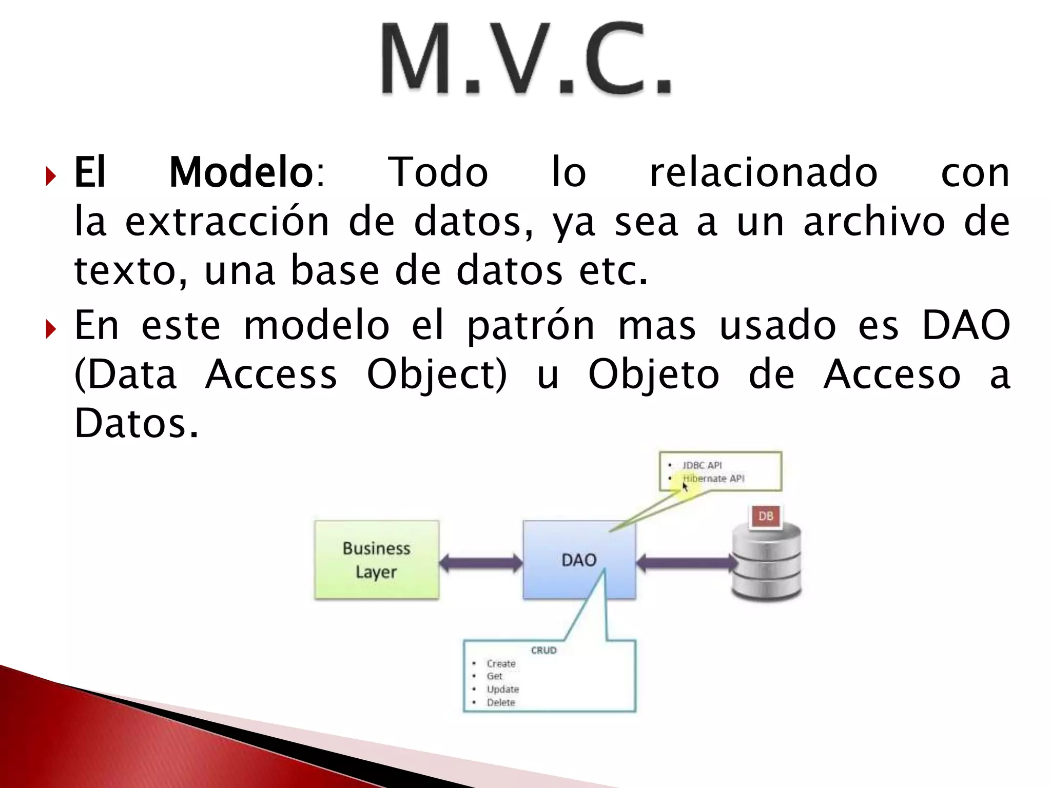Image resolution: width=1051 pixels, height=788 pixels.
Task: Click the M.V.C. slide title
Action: [526, 59]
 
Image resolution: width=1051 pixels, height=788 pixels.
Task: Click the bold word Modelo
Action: [241, 173]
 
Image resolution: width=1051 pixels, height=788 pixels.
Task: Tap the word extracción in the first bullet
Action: [227, 222]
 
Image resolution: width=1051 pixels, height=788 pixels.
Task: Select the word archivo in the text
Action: [873, 222]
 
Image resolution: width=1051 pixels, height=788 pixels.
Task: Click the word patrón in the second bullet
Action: [530, 325]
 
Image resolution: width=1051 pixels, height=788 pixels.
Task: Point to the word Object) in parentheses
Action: [437, 375]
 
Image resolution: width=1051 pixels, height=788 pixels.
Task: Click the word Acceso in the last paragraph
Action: [891, 375]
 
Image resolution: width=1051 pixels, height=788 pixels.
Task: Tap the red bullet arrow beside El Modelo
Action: [50, 176]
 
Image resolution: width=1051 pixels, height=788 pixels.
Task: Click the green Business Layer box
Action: [377, 560]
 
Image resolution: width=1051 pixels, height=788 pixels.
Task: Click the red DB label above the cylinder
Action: [765, 516]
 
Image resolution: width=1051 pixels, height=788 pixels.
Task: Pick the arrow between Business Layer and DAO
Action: [481, 563]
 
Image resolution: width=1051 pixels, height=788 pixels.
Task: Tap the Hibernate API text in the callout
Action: [714, 479]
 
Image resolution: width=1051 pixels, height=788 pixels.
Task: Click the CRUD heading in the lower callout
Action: [543, 650]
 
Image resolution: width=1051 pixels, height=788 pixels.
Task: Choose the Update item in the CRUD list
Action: [503, 689]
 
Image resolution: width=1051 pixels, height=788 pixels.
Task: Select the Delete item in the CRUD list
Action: [501, 702]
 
